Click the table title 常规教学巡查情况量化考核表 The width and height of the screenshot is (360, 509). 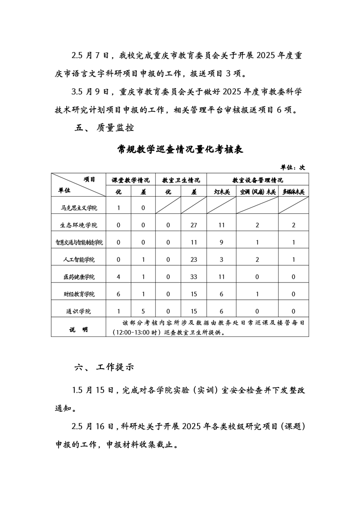click(180, 150)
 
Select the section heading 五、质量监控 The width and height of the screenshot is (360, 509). click(104, 128)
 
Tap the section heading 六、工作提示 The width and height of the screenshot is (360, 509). click(104, 367)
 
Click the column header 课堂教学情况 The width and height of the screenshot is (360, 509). click(131, 180)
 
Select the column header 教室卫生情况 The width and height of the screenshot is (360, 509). click(181, 180)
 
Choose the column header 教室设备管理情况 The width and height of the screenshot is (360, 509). click(257, 180)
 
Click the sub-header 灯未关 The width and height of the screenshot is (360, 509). click(222, 192)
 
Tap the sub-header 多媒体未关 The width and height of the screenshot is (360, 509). click(293, 192)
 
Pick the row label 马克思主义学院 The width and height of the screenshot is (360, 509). click(79, 208)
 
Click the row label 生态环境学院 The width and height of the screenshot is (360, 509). click(79, 225)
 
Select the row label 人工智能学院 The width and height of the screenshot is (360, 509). click(79, 260)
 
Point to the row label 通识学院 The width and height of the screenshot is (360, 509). click(79, 311)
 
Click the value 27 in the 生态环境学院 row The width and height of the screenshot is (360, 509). click(194, 225)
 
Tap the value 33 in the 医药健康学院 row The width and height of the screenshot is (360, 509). click(194, 277)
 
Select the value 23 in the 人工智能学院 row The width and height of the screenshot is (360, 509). click(194, 260)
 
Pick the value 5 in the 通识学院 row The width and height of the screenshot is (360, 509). click(143, 311)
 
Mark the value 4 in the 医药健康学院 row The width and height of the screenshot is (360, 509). click(118, 277)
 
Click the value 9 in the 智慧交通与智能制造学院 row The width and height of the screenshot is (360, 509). click(222, 242)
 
